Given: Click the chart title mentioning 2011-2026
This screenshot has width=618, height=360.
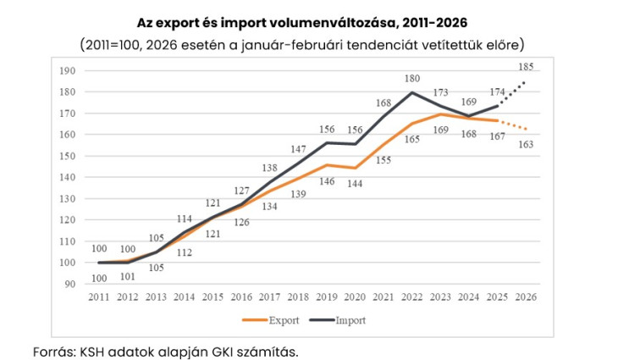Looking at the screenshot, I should [301, 22].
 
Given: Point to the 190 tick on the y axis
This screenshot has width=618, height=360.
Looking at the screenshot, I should [67, 70].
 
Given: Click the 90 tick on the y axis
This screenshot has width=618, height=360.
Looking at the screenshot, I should [69, 284].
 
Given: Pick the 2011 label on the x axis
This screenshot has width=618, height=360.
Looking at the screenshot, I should [100, 297].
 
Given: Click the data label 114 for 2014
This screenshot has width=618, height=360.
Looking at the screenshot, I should [185, 219].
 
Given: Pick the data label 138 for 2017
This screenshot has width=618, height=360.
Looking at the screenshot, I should [270, 169].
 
